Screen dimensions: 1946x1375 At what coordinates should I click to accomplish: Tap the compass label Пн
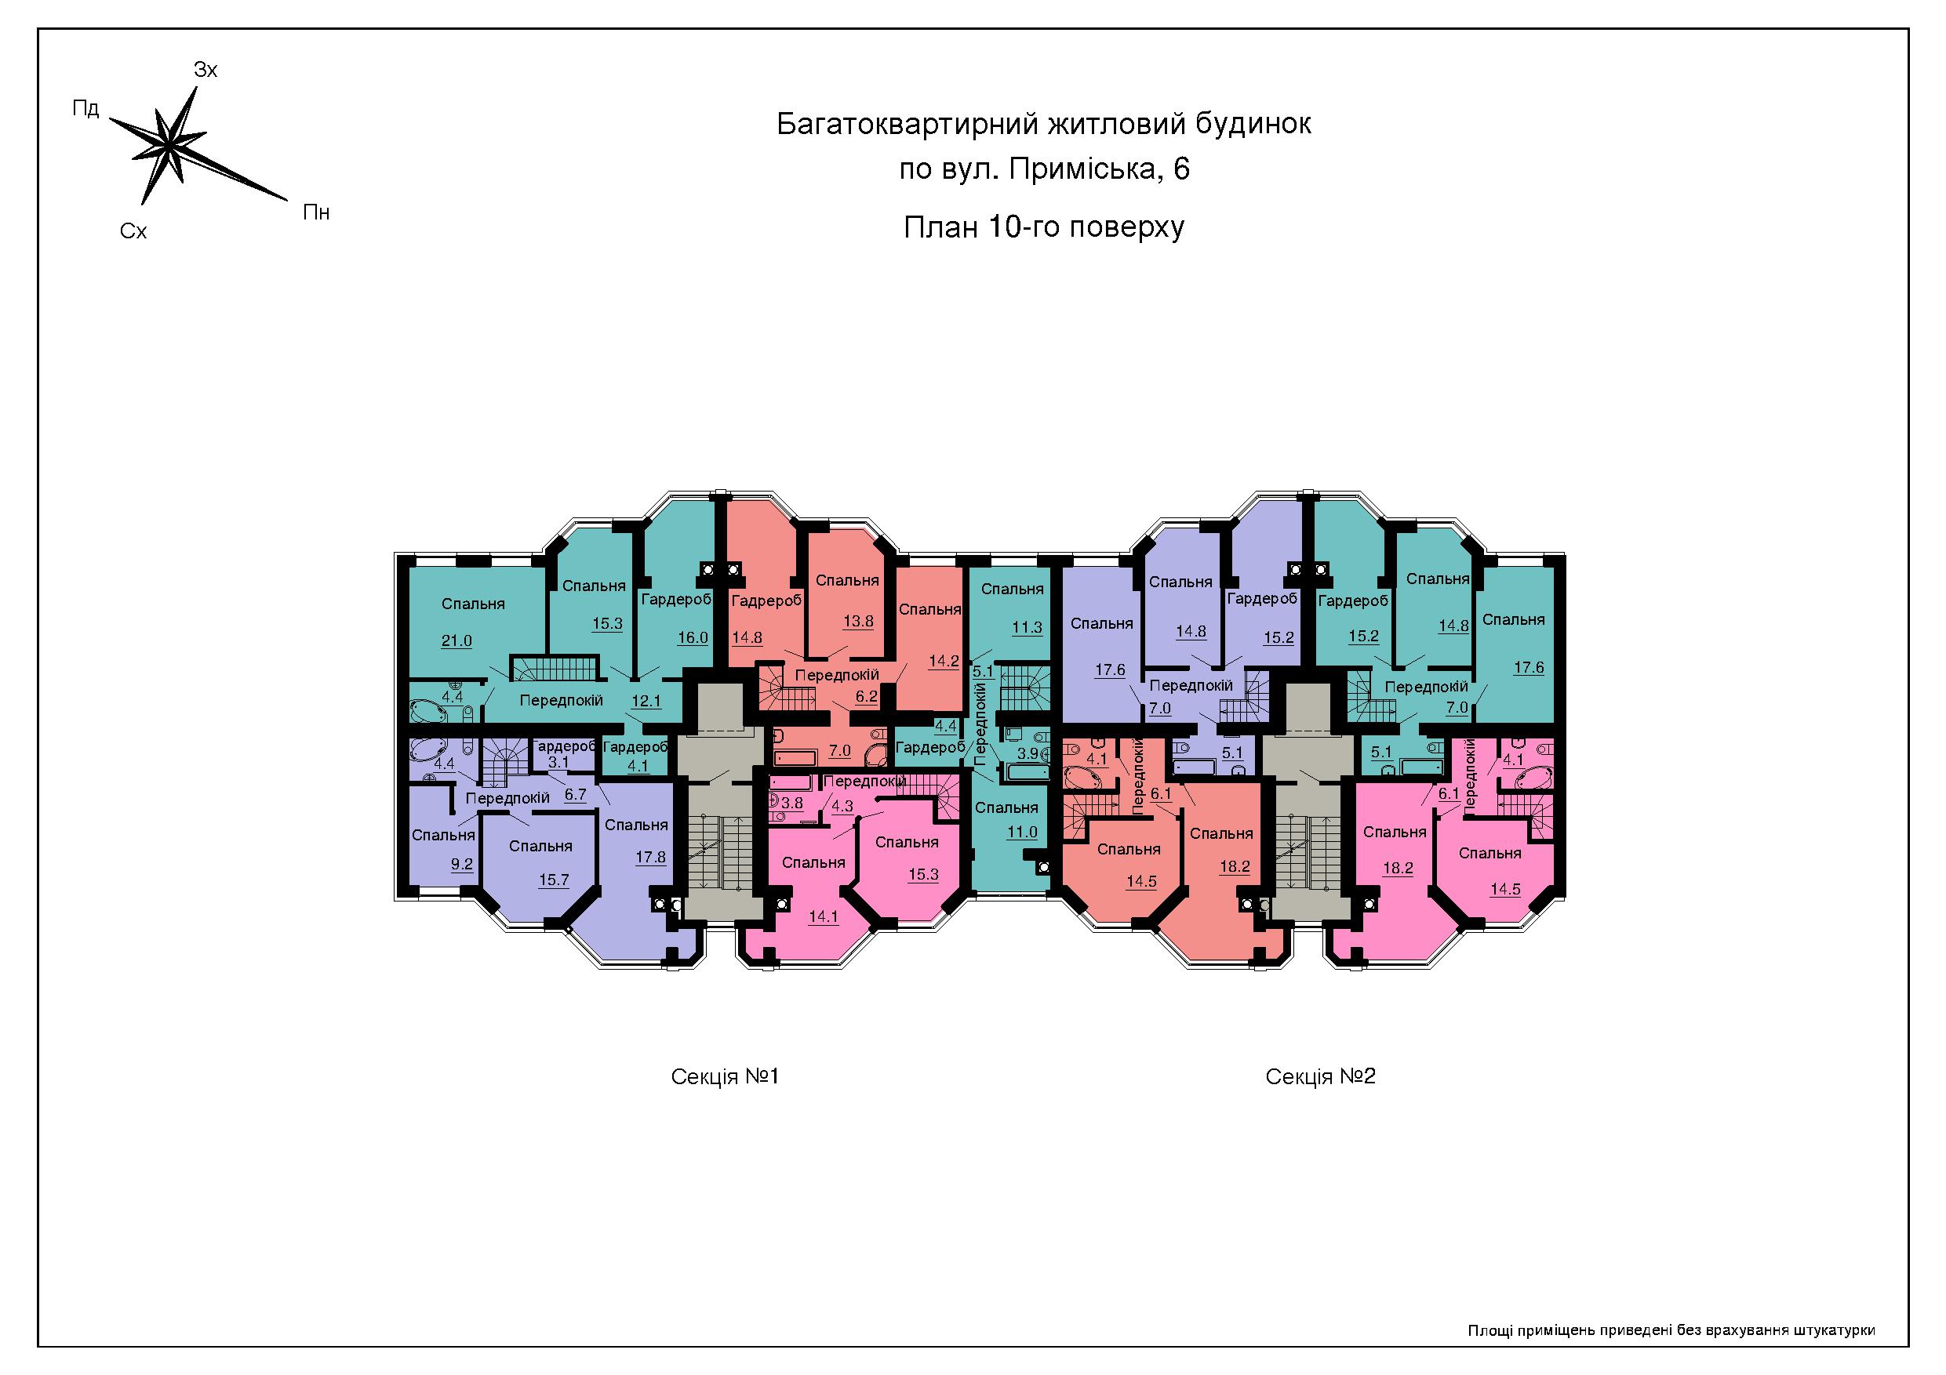(316, 212)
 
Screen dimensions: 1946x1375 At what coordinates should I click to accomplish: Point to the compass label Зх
(206, 70)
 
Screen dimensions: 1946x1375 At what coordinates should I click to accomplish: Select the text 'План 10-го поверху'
(1043, 228)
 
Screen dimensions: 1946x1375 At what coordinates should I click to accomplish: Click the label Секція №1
(725, 1077)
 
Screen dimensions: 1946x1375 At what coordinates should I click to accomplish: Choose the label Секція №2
(1321, 1077)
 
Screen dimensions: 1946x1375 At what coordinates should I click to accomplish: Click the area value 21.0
(456, 640)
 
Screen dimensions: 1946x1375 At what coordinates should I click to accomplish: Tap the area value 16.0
(693, 637)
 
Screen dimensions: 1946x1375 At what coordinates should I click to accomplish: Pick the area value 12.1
(646, 701)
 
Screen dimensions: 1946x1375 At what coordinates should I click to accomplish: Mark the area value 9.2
(462, 865)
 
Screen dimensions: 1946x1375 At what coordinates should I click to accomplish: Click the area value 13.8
(858, 621)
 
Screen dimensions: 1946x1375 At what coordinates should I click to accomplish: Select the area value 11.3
(1028, 628)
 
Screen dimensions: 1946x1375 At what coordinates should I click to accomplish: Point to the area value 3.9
(1028, 753)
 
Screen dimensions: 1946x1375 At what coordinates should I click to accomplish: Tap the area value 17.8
(651, 858)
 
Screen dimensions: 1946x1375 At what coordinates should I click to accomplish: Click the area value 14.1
(823, 916)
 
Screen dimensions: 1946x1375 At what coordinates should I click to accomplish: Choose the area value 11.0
(1022, 832)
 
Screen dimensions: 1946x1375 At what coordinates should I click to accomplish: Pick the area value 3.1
(558, 763)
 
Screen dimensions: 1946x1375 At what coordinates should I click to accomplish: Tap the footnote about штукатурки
(1671, 1331)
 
